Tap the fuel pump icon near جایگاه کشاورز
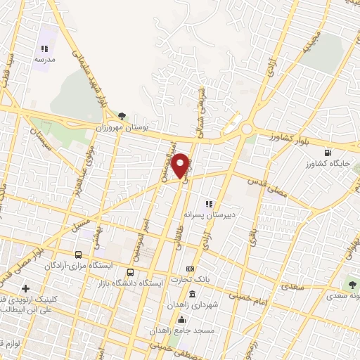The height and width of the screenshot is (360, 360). (x=327, y=153)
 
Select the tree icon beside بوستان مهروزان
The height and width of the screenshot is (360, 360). (x=122, y=115)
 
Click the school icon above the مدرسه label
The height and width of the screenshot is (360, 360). (x=44, y=49)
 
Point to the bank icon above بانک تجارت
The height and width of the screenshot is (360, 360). (x=190, y=269)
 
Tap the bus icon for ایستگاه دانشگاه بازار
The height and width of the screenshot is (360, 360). (x=130, y=273)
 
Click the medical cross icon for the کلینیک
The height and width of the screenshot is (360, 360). (x=26, y=288)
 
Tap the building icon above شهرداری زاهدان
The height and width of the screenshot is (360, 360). (x=191, y=293)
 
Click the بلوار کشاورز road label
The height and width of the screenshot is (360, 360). (x=289, y=134)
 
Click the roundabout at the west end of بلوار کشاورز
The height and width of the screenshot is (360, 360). (x=247, y=129)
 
